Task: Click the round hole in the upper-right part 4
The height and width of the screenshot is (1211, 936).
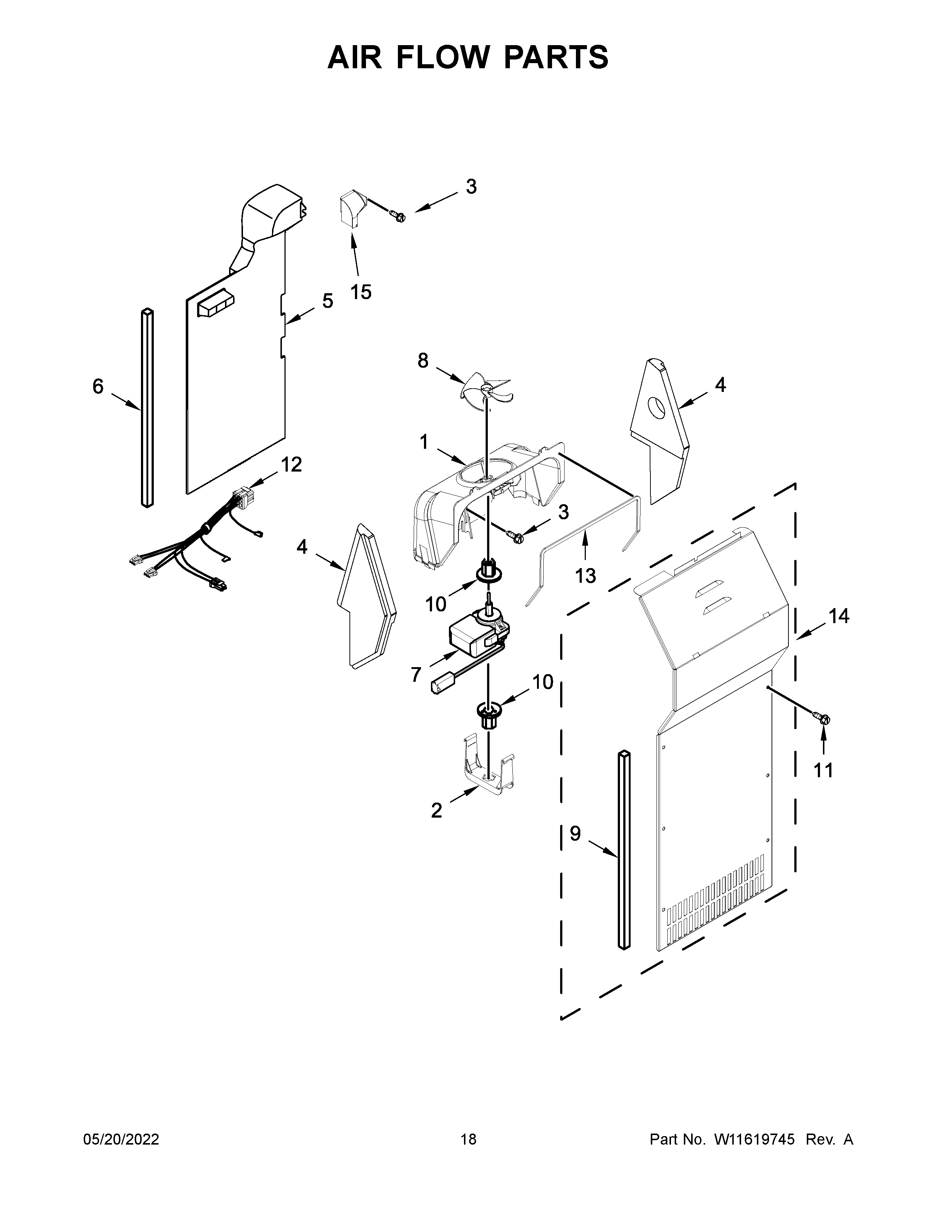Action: pos(657,408)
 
